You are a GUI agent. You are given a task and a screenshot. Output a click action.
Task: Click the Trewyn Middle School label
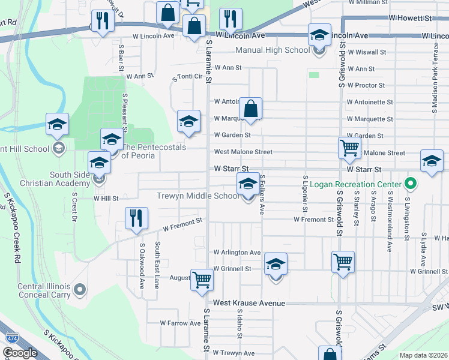[x=197, y=196]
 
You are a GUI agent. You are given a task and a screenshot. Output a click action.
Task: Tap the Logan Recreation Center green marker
[x=411, y=183]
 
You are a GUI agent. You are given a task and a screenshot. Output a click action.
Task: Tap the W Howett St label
[x=411, y=19]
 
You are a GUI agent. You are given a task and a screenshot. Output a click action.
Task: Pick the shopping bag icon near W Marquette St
[x=250, y=109]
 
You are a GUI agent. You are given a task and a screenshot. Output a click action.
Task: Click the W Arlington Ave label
[x=237, y=253]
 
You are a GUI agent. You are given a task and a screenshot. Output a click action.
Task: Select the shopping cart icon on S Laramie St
[x=202, y=279]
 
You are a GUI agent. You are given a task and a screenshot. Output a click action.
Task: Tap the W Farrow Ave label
[x=180, y=323]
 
